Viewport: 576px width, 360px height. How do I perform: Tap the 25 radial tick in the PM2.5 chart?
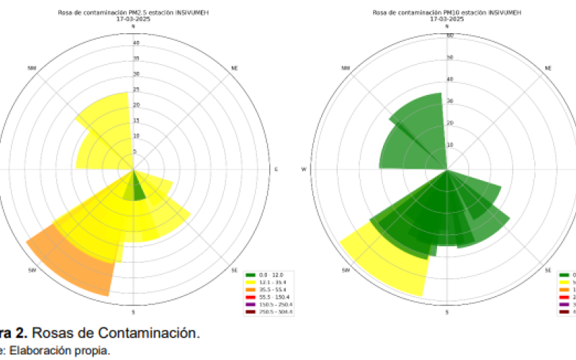[x=135, y=91]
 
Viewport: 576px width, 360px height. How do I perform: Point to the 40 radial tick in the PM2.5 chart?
[x=135, y=43]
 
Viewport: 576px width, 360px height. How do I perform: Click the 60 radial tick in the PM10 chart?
[x=449, y=35]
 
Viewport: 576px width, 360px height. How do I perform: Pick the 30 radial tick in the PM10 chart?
[x=449, y=101]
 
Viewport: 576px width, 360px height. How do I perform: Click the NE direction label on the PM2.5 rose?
[x=235, y=68]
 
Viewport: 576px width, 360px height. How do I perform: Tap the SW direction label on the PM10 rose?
[x=346, y=271]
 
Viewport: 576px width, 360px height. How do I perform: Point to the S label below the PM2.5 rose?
[x=133, y=311]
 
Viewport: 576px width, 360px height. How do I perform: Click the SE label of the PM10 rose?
[x=548, y=271]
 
